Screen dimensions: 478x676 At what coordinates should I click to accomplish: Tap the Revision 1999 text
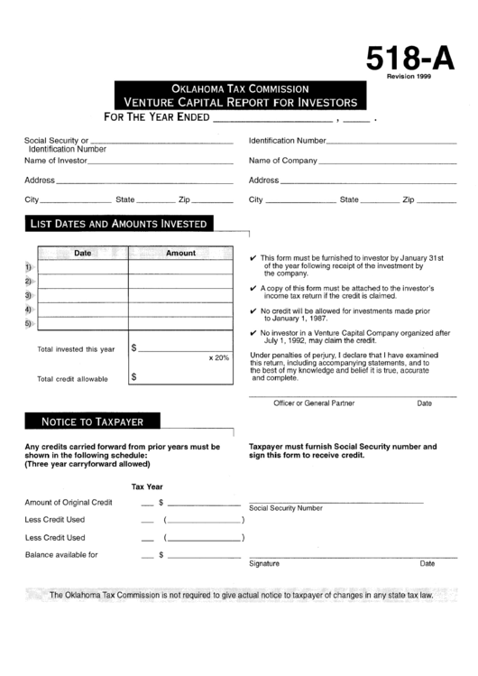(x=410, y=78)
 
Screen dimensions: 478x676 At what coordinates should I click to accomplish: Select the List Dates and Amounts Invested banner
(x=119, y=223)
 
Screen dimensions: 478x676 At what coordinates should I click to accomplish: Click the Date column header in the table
(x=82, y=254)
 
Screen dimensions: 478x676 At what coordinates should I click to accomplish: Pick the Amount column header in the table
(x=180, y=254)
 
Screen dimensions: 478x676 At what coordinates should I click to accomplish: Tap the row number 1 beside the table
(x=28, y=267)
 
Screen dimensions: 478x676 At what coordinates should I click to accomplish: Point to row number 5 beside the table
(x=28, y=323)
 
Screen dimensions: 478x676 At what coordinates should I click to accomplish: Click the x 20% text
(x=219, y=358)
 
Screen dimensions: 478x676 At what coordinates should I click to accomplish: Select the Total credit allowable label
(x=72, y=379)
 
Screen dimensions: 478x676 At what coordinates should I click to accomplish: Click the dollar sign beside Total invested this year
(x=134, y=347)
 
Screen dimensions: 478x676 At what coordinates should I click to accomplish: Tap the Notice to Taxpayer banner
(x=93, y=421)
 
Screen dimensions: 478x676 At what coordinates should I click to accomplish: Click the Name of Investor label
(x=56, y=161)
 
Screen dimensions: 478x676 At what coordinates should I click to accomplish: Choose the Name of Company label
(x=282, y=161)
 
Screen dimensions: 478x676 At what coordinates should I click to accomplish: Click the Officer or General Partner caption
(x=314, y=403)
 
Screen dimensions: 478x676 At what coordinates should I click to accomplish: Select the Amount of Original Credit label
(x=69, y=502)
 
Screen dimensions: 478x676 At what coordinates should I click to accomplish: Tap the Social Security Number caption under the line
(x=285, y=508)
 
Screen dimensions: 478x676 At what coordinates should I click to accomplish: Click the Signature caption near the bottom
(x=264, y=563)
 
